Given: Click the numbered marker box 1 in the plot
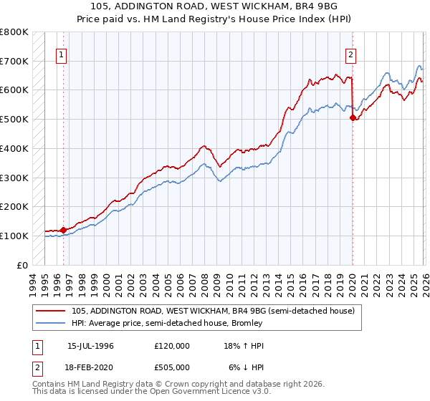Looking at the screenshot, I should [x=62, y=54].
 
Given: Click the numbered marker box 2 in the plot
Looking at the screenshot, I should [x=351, y=54].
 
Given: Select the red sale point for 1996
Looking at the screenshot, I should [x=63, y=230].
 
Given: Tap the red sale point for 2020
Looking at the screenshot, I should [x=353, y=118].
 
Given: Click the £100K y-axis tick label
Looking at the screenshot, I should [x=14, y=236].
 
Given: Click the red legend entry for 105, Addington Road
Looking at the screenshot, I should [x=213, y=311].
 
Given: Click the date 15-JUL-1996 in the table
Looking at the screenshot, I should [x=90, y=345].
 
